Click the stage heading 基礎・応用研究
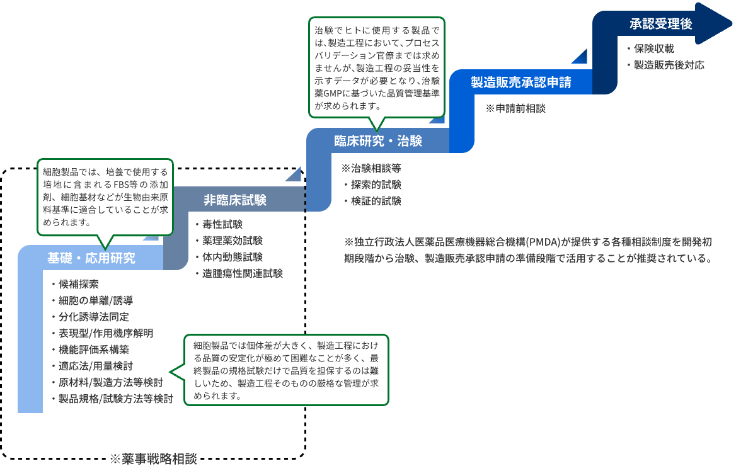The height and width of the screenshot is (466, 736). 91,258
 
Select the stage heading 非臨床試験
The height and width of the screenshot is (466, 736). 235,200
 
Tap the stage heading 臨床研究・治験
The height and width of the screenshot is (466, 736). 378,141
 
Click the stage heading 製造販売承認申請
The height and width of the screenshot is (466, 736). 521,82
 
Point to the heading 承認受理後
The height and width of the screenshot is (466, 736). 661,25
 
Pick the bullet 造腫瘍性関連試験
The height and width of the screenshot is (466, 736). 243,274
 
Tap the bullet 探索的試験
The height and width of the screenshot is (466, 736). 376,185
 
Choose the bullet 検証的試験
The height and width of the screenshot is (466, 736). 376,202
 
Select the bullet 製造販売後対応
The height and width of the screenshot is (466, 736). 669,65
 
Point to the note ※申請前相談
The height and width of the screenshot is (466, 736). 515,108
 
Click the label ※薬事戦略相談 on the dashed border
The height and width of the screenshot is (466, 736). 154,458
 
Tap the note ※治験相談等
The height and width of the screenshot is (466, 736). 371,169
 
